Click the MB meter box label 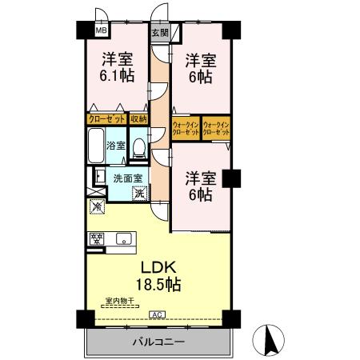tap(102, 30)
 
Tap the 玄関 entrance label tap(160, 33)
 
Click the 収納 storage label tap(138, 118)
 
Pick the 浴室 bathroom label tap(116, 146)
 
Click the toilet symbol tap(139, 147)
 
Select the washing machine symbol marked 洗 tap(139, 192)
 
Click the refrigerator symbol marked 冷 tap(97, 208)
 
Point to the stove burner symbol tap(97, 238)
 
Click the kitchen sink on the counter tap(126, 238)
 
